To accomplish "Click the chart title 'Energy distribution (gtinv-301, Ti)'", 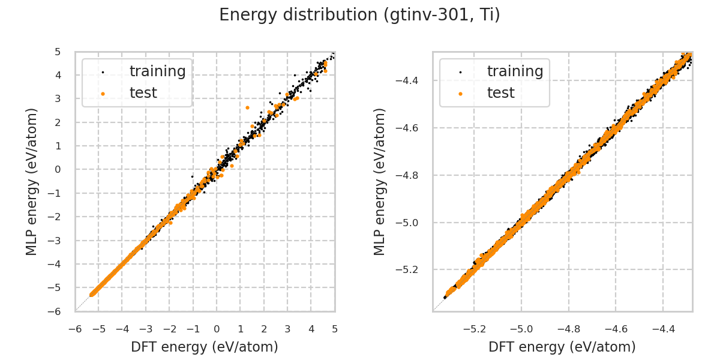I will (x=359, y=15).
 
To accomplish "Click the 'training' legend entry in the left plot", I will (x=157, y=71).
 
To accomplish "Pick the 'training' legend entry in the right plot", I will (x=515, y=71).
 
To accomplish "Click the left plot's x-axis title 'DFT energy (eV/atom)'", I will (x=205, y=347).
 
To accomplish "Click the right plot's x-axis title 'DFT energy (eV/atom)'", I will (x=562, y=347).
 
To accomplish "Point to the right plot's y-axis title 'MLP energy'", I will (x=380, y=181).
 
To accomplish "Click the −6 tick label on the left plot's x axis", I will (x=75, y=329).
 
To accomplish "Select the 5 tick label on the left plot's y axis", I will (x=58, y=52).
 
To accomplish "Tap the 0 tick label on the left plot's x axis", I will (x=217, y=329).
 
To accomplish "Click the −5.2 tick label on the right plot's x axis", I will (x=473, y=329).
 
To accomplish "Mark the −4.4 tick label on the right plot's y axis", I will (x=412, y=80).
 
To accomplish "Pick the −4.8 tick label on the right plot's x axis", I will (x=568, y=329).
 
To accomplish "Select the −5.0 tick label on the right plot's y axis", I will (x=412, y=223).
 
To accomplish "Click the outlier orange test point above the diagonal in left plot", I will (x=247, y=107).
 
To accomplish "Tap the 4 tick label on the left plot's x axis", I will (x=311, y=329).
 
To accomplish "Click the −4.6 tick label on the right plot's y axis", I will (x=412, y=128).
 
